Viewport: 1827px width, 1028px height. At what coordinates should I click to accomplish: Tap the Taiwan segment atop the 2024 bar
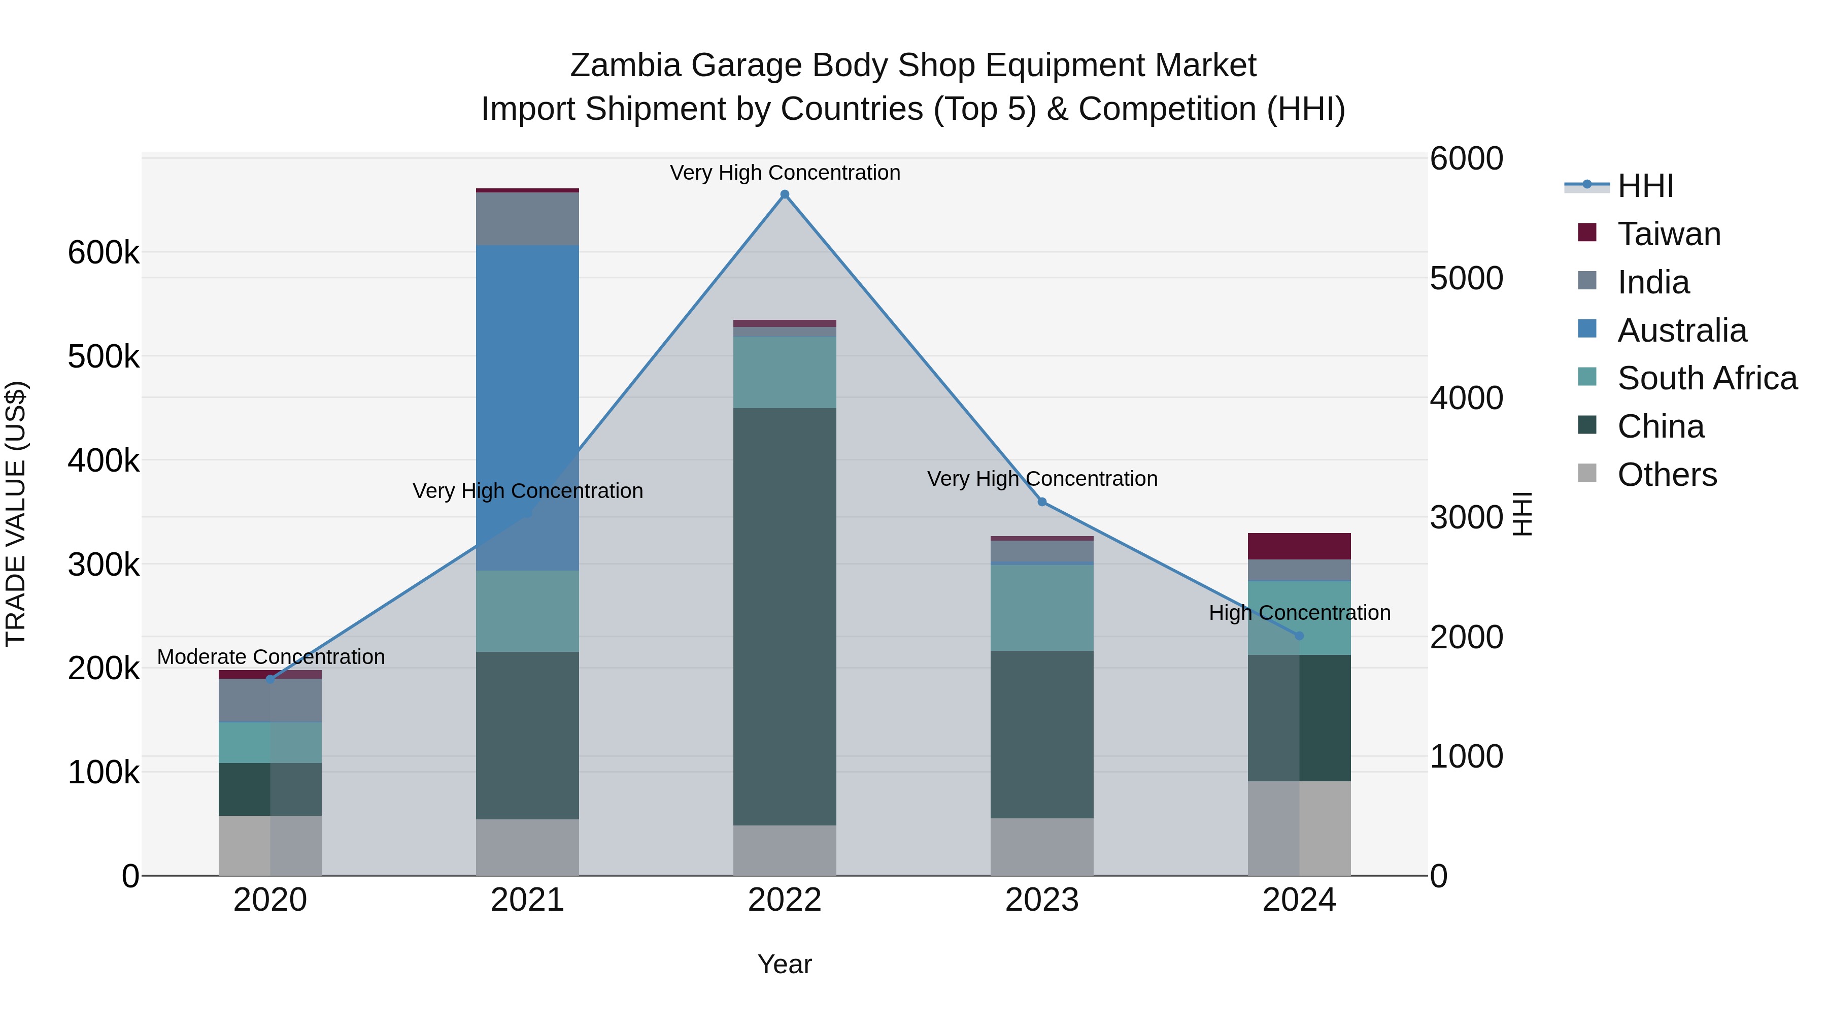click(x=1299, y=546)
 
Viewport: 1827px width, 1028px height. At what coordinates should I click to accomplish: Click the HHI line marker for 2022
click(x=785, y=194)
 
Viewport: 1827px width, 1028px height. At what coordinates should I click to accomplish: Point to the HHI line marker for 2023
click(x=1042, y=502)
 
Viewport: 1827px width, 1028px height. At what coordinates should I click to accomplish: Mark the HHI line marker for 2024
click(x=1299, y=636)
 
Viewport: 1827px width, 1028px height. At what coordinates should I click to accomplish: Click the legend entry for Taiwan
click(x=1668, y=234)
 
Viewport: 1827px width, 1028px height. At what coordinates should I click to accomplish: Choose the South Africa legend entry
click(x=1706, y=378)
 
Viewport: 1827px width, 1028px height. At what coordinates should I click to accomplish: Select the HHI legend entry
click(x=1645, y=186)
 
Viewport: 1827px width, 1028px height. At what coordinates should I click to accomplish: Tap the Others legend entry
click(x=1667, y=475)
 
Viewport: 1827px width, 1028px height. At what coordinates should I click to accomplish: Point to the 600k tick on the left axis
click(x=104, y=253)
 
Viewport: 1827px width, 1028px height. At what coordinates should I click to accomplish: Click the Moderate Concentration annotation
click(x=271, y=657)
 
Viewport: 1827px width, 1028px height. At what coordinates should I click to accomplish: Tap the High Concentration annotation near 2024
click(x=1299, y=613)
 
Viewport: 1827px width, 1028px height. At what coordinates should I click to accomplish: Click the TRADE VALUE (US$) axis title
click(x=16, y=514)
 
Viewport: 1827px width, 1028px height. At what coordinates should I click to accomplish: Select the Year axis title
click(x=785, y=964)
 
